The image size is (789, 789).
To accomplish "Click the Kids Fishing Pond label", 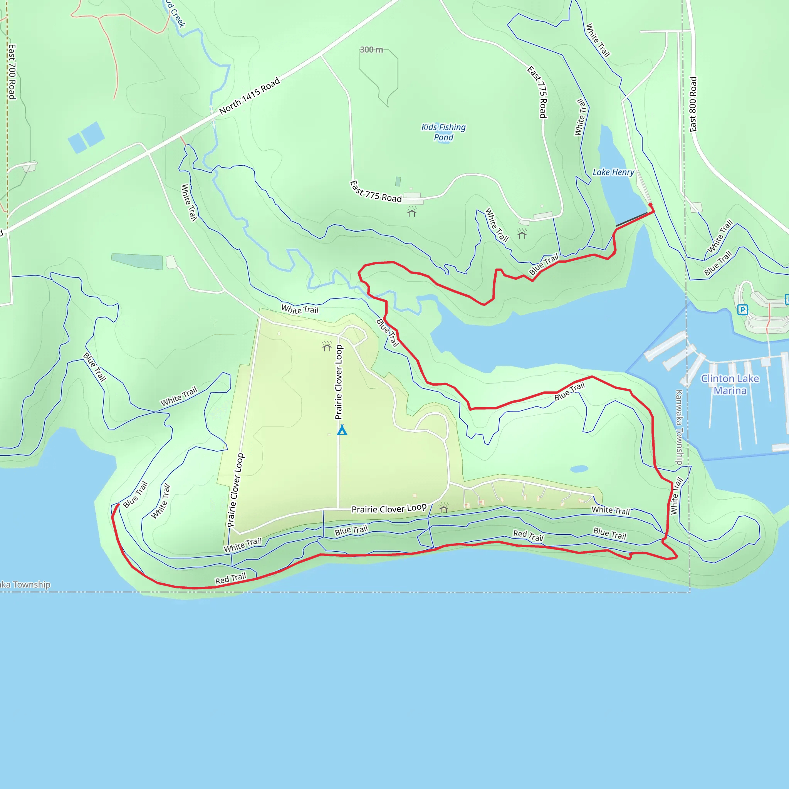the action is pos(443,132).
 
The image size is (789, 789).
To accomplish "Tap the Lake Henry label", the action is pos(613,172).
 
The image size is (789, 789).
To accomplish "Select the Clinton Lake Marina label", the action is pos(730,384).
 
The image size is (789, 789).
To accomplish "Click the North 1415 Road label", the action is pos(250,96).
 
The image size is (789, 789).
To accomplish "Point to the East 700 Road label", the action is pos(12,72).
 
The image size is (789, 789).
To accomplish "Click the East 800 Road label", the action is pos(693,104).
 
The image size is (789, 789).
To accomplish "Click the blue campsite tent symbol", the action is pos(342,430).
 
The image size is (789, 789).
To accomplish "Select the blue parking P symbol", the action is pos(742,310).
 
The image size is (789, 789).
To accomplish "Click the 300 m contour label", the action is pos(371,50).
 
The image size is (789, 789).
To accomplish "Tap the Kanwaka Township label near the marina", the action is pos(679,427).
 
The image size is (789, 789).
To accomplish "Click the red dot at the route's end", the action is pos(650,205).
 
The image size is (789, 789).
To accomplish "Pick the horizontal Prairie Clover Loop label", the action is pos(389,509).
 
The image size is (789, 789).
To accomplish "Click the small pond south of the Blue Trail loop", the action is pos(579,469).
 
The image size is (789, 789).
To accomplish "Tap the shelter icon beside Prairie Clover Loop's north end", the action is pos(327,346).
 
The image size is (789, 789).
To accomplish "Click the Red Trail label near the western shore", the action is pos(231,578).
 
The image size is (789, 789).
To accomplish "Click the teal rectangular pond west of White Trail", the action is pos(137,261).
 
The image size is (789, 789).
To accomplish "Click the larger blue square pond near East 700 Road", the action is pos(93,134).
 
